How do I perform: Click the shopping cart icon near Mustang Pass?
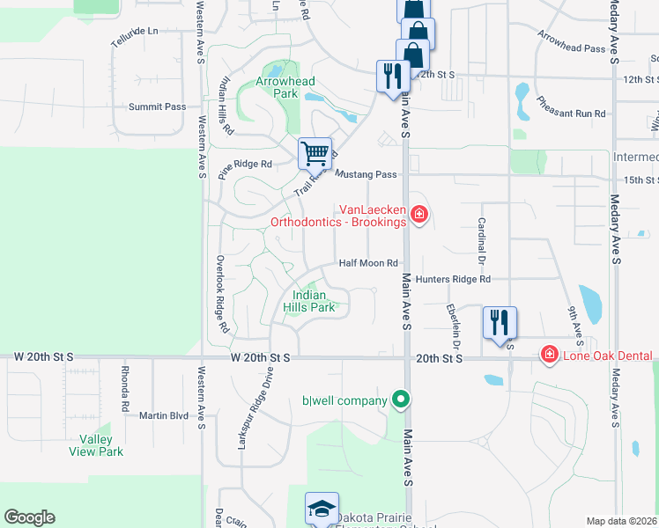315,154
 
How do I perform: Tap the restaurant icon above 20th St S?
500,322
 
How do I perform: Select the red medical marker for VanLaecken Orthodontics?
418,214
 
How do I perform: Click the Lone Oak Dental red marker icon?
550,355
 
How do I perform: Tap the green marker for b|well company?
401,400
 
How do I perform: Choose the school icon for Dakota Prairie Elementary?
322,509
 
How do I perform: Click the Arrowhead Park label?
285,87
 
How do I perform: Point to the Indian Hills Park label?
309,302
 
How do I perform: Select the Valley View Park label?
96,445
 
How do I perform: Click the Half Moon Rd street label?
369,263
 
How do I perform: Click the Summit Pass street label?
158,106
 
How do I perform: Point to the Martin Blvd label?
164,415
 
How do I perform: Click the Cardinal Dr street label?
482,241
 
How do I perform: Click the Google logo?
29,517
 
